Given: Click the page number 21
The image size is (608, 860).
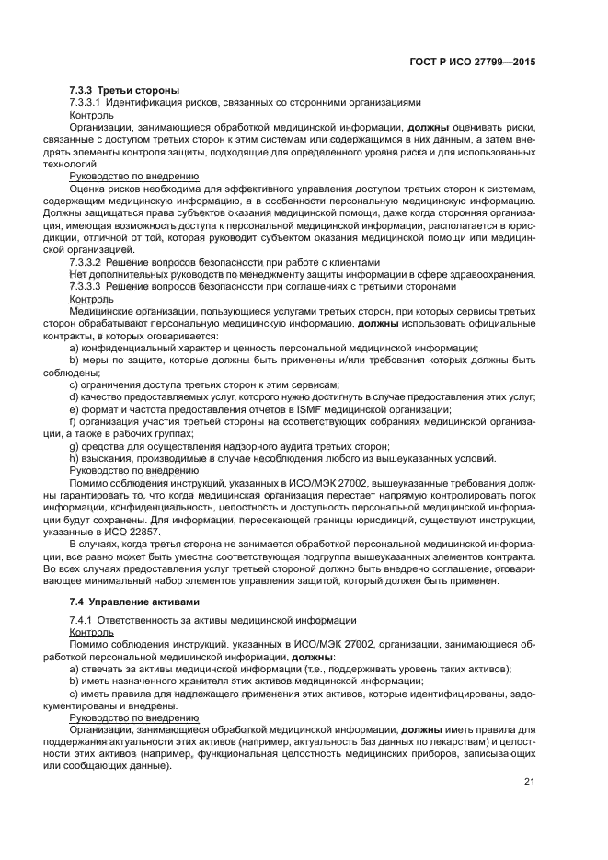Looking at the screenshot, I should point(528,781).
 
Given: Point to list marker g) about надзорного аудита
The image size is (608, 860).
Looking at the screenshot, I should point(74,445).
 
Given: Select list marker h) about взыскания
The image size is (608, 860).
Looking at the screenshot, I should point(74,457).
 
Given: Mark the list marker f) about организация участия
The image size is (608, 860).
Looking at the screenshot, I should point(73,420).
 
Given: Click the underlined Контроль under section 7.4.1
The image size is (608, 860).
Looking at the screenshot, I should point(91,634).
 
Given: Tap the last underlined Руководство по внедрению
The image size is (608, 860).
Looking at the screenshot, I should point(134,717).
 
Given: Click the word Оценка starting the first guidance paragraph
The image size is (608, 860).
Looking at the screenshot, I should point(89,187).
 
